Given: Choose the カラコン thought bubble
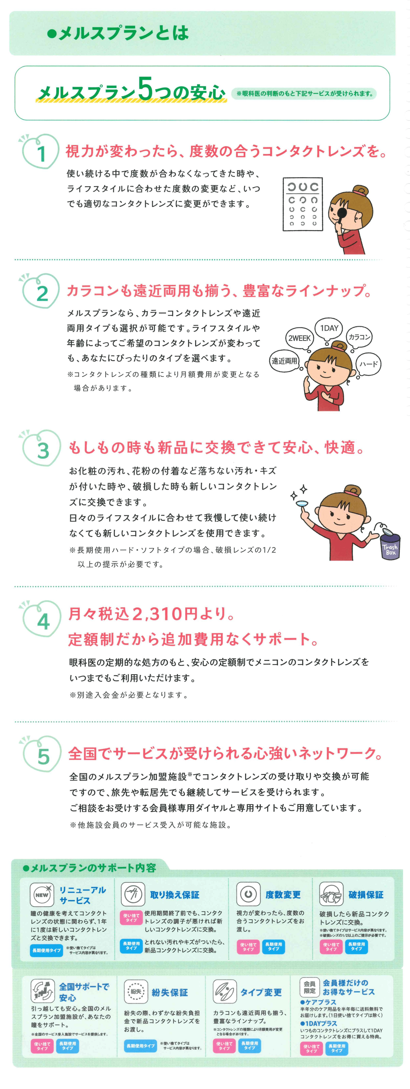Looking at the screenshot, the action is pos(359,337).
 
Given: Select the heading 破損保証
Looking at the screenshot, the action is pos(366,895).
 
